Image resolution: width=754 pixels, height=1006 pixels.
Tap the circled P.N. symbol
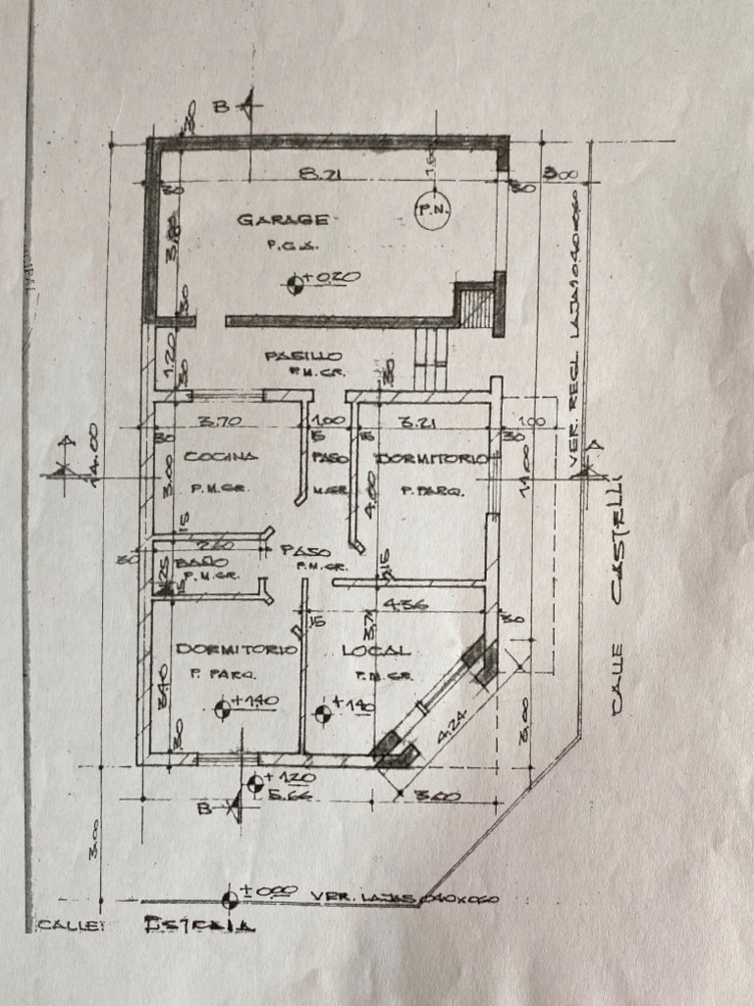pyautogui.click(x=431, y=210)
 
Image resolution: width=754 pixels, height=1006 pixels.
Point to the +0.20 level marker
pyautogui.click(x=295, y=285)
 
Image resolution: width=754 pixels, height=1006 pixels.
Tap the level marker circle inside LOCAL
pyautogui.click(x=321, y=710)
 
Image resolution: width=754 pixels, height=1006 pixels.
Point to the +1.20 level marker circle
pyautogui.click(x=256, y=783)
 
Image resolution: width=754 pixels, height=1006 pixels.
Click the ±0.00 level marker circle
pyautogui.click(x=231, y=898)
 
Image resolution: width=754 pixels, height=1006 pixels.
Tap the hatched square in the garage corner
pyautogui.click(x=477, y=306)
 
